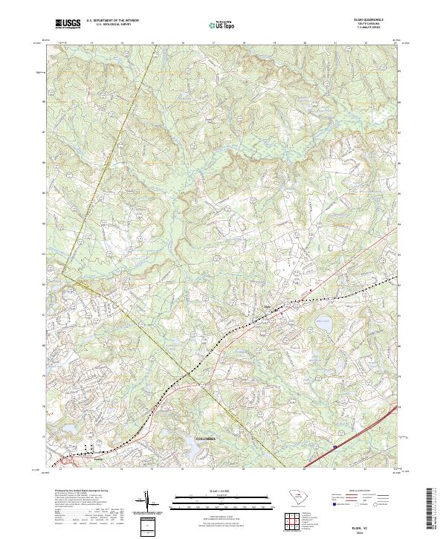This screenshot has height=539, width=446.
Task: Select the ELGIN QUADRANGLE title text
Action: pos(369,20)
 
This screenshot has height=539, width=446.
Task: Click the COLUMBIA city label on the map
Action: pos(209,439)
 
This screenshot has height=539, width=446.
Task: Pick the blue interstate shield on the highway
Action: pos(335,447)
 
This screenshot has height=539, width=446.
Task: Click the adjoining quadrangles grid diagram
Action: pos(291,523)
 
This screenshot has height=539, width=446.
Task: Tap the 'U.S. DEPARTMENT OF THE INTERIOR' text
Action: pos(112,21)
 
